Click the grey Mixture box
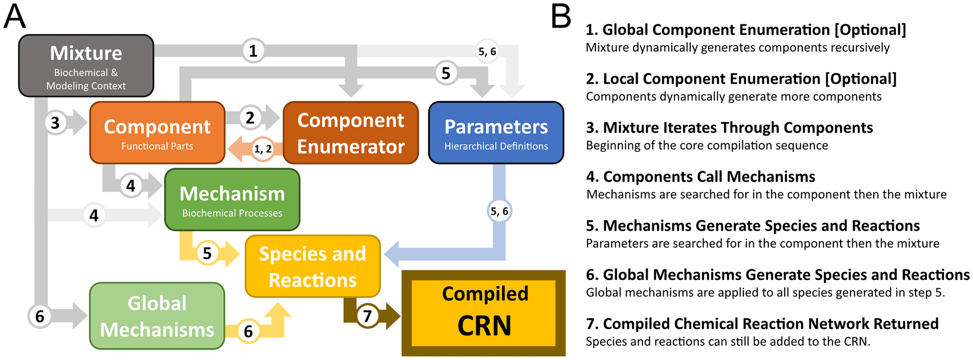[86, 66]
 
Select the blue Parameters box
[496, 132]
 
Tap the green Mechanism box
[232, 199]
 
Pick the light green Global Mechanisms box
[157, 316]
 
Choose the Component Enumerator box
[350, 132]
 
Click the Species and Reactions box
[312, 266]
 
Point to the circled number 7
[367, 316]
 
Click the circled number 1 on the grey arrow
[253, 51]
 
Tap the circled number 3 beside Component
[55, 123]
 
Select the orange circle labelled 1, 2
[263, 149]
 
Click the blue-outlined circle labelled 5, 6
[499, 211]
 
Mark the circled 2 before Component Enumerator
[250, 118]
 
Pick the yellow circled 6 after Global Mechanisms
[248, 331]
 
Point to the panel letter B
[560, 17]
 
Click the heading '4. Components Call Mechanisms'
[701, 177]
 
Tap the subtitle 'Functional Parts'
[157, 146]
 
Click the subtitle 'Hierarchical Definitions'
[496, 146]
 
